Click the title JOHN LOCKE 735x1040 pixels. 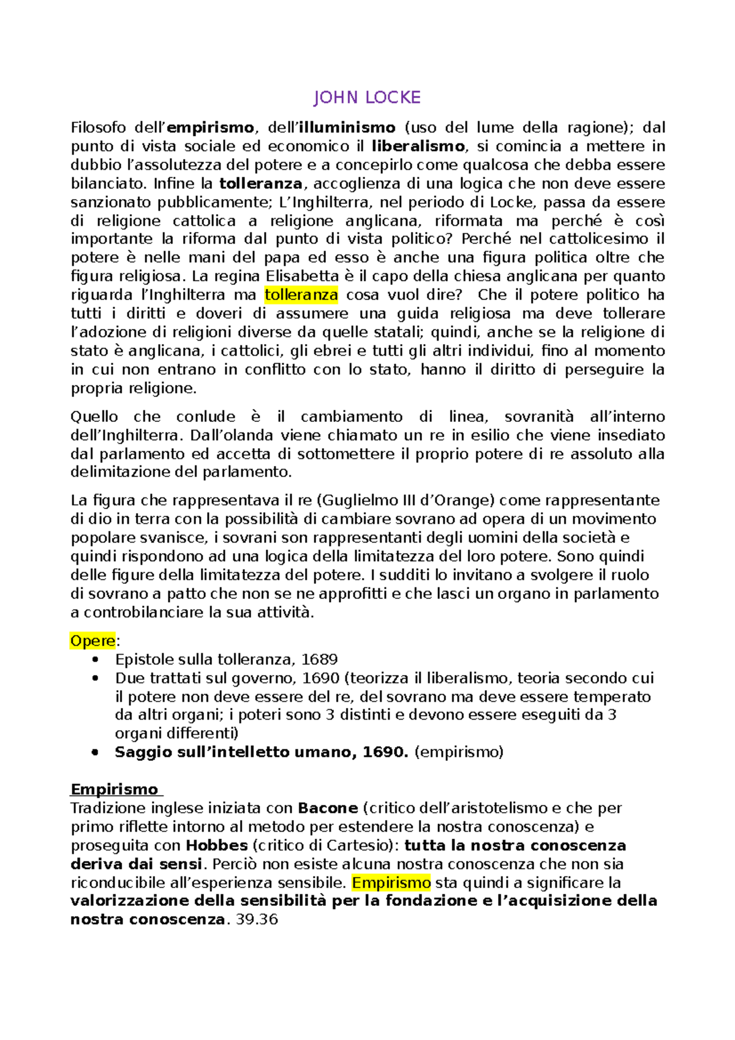point(367,97)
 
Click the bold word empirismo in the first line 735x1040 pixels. point(209,127)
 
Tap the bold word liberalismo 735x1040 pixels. point(418,146)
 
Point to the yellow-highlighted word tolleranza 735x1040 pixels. point(301,295)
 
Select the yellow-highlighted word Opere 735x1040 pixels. point(92,641)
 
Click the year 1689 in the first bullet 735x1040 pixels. point(319,660)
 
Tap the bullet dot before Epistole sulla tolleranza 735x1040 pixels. point(94,660)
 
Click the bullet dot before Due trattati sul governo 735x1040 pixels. point(94,679)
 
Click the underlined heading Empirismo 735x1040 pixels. point(115,789)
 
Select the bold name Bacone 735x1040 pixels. point(328,808)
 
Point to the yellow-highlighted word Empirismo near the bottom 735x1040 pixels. point(391,883)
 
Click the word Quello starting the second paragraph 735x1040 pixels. point(94,417)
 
